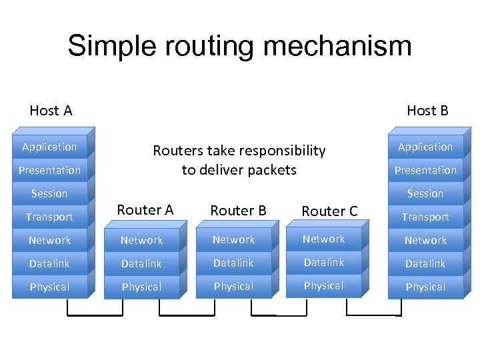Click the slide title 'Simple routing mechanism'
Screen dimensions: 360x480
[239, 46]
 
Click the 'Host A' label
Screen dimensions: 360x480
[51, 111]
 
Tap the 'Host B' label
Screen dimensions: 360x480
[427, 111]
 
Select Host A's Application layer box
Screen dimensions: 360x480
[49, 147]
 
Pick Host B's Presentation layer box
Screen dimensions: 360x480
[425, 171]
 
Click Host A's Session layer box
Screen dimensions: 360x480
[49, 194]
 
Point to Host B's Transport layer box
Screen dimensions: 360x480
[425, 217]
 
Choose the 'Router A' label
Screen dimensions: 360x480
[145, 210]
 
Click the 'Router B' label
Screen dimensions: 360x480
[238, 211]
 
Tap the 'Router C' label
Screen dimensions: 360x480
[329, 211]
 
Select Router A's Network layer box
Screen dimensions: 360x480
[141, 241]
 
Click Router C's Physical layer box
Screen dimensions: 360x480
[323, 286]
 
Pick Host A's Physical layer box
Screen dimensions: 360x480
[49, 287]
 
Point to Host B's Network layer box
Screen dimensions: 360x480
[425, 241]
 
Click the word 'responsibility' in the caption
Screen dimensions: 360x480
[282, 151]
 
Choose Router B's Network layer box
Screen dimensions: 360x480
[233, 240]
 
